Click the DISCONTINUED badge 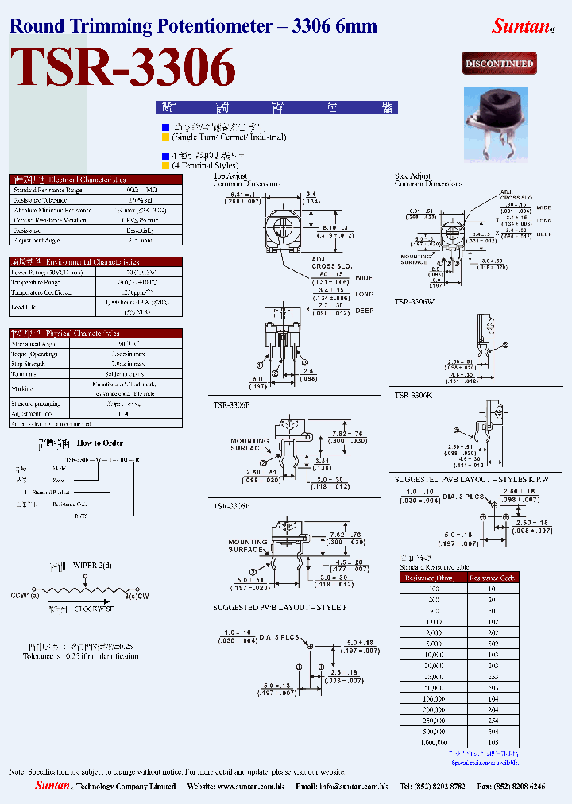tap(499, 64)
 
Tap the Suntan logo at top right tap(521, 25)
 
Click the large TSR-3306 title tap(122, 68)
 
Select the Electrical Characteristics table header tap(95, 180)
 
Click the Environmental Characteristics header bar tap(95, 261)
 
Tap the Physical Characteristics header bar tap(95, 334)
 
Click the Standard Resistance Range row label tap(48, 190)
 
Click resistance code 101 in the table tap(493, 589)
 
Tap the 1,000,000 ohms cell tap(433, 743)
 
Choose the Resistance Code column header tap(493, 578)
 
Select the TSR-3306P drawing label tap(231, 404)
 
